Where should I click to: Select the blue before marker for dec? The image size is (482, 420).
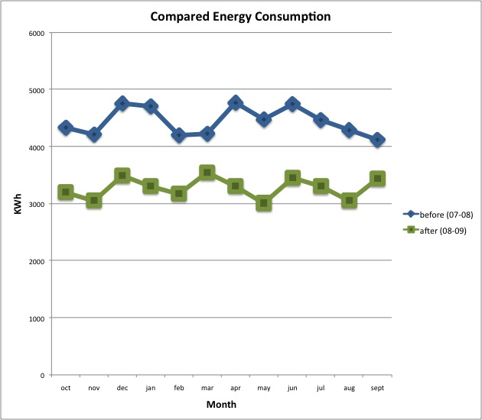(x=122, y=104)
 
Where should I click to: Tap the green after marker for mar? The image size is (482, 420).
(x=207, y=173)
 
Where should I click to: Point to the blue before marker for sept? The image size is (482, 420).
(x=377, y=140)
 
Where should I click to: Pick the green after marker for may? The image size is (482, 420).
(x=264, y=204)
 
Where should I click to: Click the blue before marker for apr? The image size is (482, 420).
(x=236, y=102)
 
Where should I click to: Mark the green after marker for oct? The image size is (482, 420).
(x=66, y=192)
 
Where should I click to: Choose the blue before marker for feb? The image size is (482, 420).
(x=179, y=135)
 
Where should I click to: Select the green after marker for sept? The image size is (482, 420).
(x=377, y=178)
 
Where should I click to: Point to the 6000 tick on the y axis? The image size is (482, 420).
(x=35, y=33)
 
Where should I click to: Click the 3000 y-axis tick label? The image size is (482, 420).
(x=35, y=204)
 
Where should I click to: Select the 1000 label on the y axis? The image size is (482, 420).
(x=35, y=318)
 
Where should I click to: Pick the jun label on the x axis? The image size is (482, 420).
(x=292, y=389)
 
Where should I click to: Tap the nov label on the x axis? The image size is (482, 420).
(x=94, y=389)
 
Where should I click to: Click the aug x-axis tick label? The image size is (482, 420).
(x=349, y=389)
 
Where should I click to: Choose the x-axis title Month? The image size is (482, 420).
(x=221, y=405)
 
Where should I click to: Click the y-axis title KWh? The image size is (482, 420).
(x=17, y=204)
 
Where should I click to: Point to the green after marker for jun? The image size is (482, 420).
(x=292, y=178)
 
